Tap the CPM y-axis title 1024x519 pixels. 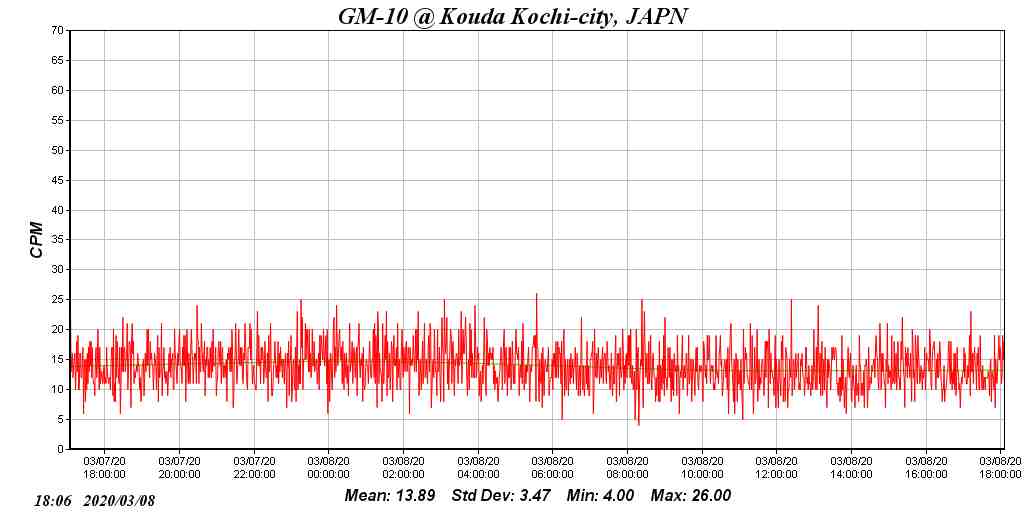[x=37, y=240]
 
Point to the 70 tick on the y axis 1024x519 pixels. [x=59, y=31]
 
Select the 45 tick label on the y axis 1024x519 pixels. [x=59, y=180]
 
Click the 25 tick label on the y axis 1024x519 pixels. [x=59, y=300]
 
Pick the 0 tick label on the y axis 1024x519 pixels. [x=62, y=449]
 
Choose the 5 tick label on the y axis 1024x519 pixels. [x=62, y=419]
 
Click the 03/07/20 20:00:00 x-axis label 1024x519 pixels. [x=179, y=468]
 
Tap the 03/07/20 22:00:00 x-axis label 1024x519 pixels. [x=254, y=468]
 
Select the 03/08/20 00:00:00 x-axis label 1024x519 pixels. [x=329, y=468]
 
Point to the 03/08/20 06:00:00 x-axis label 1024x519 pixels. [x=553, y=468]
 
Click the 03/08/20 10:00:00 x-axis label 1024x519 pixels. [x=702, y=468]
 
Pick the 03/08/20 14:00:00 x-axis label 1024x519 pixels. [x=851, y=468]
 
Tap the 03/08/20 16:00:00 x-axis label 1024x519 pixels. [x=926, y=468]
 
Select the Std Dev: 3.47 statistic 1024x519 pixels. [x=501, y=496]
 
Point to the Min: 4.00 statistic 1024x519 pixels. [x=600, y=496]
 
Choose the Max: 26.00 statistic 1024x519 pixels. [x=691, y=496]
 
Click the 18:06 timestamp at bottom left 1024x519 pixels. [x=53, y=500]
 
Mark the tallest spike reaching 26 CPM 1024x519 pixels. [x=537, y=295]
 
